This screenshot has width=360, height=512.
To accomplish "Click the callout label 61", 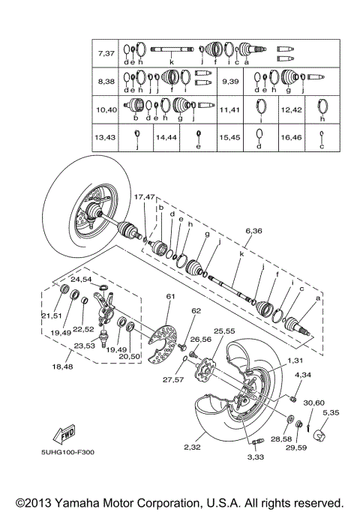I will [x=170, y=297].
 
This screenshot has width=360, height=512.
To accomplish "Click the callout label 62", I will [x=196, y=310].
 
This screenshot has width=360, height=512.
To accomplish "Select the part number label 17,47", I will [x=144, y=196].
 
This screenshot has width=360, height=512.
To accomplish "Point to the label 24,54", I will [x=81, y=279].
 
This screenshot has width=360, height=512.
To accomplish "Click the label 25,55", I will [x=223, y=331].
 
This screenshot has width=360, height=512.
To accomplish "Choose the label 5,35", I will [x=329, y=412].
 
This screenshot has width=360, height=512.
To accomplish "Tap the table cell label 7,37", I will [x=106, y=54].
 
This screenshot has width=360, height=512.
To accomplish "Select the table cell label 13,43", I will [x=106, y=137].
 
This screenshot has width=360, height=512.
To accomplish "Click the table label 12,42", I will [x=290, y=109].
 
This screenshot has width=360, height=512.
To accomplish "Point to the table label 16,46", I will [x=290, y=137].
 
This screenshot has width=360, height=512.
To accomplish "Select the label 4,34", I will [x=303, y=374].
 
